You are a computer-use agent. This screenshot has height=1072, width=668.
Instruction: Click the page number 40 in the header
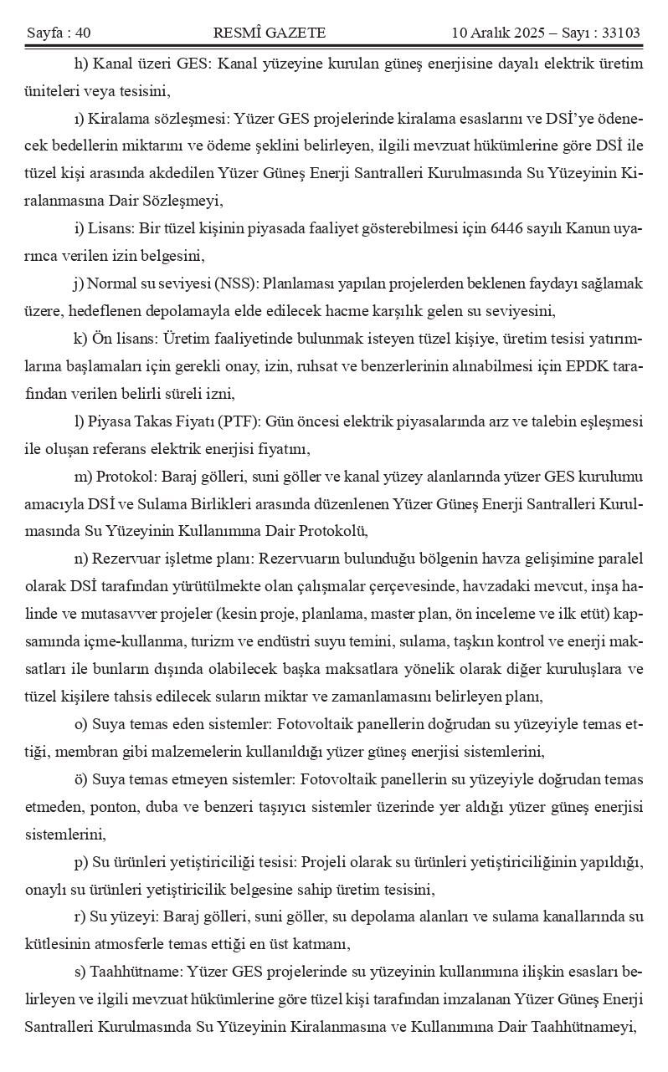pos(82,33)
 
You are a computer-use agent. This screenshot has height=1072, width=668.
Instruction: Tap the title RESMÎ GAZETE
pos(270,33)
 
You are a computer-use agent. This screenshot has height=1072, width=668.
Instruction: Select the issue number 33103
pos(621,33)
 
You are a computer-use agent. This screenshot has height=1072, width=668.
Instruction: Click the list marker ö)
pos(80,779)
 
